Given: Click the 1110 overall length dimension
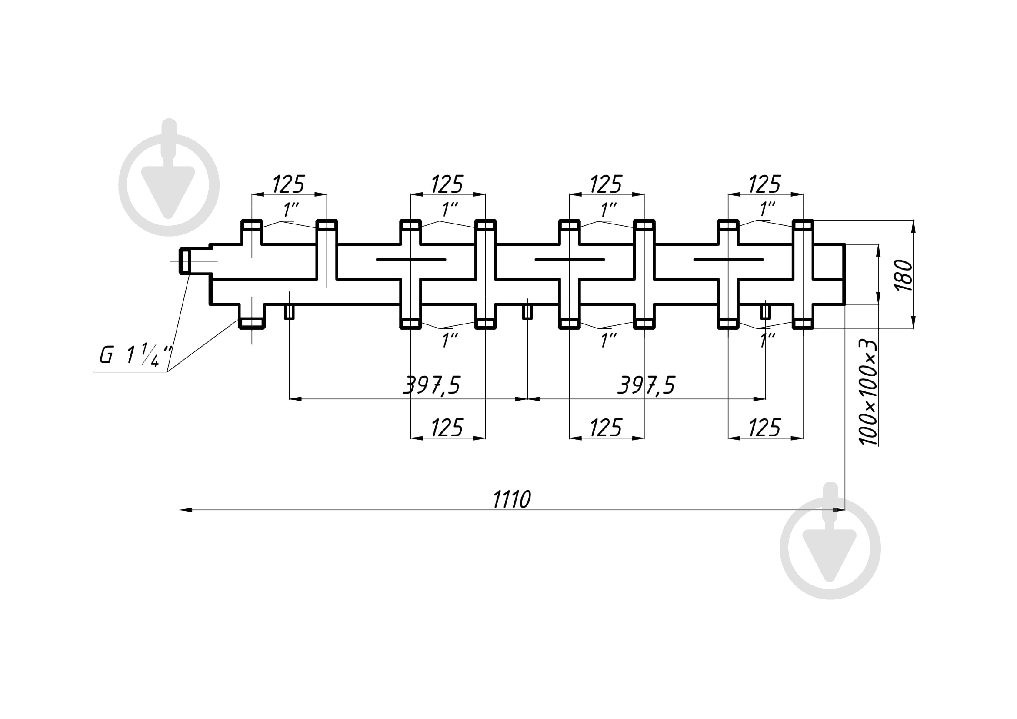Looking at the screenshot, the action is [512, 499].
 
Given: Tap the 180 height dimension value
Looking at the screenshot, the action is [904, 275].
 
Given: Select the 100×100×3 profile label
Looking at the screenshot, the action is [868, 392].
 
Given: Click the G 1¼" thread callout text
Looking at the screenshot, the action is [136, 355].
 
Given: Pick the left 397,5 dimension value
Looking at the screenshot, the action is [432, 385].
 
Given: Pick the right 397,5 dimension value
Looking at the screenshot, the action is [646, 385].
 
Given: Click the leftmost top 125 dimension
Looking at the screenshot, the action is [288, 184].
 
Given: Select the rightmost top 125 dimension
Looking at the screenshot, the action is [765, 184].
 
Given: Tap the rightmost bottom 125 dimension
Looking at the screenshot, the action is [765, 428].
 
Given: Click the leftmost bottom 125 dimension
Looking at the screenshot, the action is [447, 428].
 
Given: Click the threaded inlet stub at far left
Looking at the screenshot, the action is [185, 261].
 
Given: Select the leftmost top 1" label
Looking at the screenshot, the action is [291, 210].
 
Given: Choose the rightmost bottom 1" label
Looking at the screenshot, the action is [767, 340].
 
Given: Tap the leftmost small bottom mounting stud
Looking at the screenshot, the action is [289, 311].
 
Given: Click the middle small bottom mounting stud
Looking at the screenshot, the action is [527, 311].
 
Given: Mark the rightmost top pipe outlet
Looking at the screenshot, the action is [803, 225].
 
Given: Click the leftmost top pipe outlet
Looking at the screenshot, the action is [252, 225].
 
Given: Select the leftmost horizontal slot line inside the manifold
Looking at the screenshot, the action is [410, 259].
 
